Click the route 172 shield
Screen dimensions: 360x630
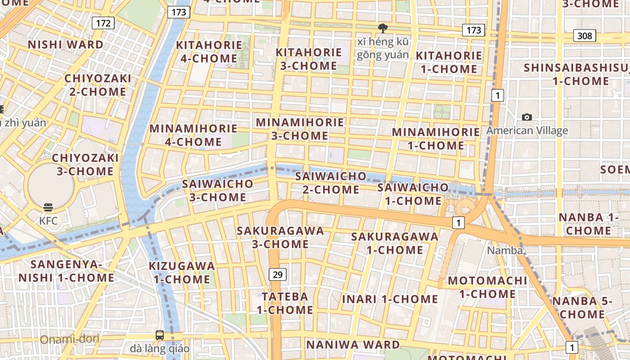click(x=103, y=23)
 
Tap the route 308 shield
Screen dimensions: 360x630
click(x=585, y=36)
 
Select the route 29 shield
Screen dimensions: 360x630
click(x=278, y=274)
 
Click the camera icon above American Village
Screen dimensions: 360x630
click(x=527, y=117)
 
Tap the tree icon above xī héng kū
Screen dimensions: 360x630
click(x=383, y=28)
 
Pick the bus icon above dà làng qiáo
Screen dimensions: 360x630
click(x=160, y=335)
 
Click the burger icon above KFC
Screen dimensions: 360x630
click(x=48, y=207)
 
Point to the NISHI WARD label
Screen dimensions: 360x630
click(x=66, y=45)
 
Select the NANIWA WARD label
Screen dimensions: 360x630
click(x=353, y=345)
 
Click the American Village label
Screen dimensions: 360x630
click(x=527, y=131)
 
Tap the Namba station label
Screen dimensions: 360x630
click(x=505, y=251)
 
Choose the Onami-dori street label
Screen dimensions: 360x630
click(x=70, y=339)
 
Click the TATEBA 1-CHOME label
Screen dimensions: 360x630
click(x=285, y=303)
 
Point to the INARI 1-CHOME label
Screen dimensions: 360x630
click(x=390, y=299)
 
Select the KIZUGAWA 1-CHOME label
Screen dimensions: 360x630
click(x=182, y=272)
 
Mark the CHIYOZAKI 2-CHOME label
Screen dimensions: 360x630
click(x=98, y=85)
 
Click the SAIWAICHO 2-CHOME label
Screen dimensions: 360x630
click(x=330, y=183)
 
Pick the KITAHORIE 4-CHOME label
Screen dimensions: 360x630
click(x=209, y=52)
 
